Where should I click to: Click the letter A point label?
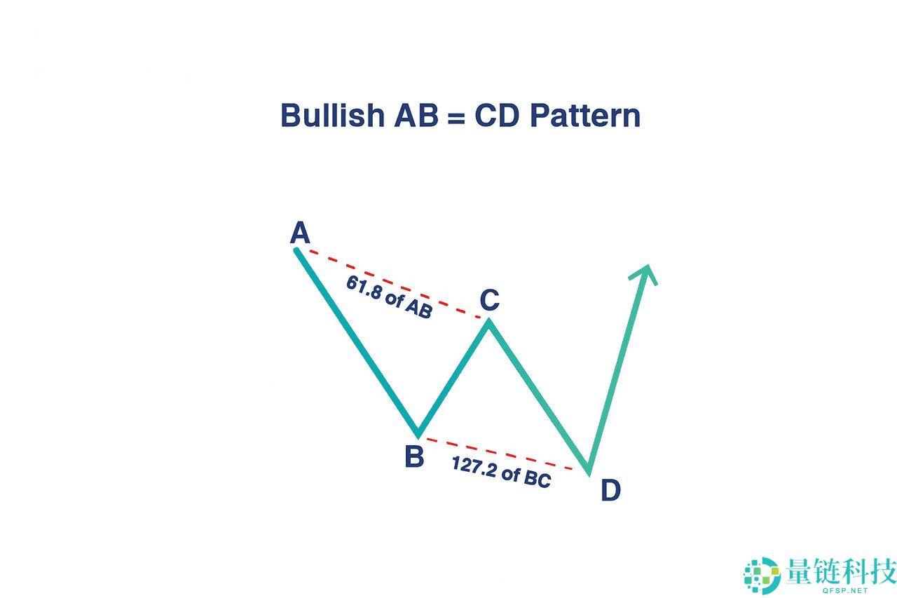pos(300,233)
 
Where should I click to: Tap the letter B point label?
pos(414,457)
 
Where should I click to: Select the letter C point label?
pos(489,300)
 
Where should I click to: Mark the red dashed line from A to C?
pos(392,284)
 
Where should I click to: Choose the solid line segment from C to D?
pos(539,397)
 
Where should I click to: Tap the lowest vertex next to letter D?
pos(589,473)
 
